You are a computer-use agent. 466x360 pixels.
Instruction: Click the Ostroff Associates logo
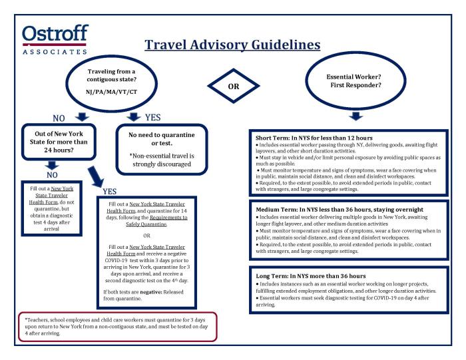[x=54, y=40]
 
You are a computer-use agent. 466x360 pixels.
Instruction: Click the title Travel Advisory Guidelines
[x=232, y=45]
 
